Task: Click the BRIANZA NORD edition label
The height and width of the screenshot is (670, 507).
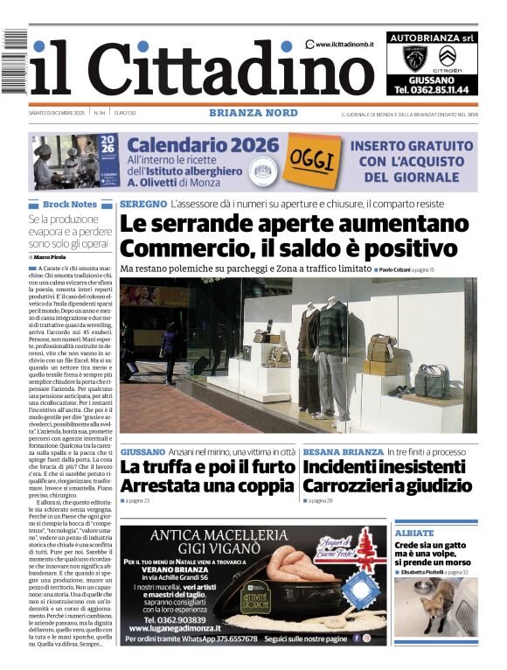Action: point(253,113)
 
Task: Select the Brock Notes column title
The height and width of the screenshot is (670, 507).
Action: point(70,204)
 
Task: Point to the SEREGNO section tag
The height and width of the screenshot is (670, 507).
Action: point(144,204)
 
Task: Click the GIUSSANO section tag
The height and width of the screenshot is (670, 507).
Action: point(142,451)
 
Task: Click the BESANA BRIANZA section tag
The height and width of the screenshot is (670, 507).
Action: point(343,451)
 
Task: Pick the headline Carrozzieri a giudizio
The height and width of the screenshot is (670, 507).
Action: point(387,486)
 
